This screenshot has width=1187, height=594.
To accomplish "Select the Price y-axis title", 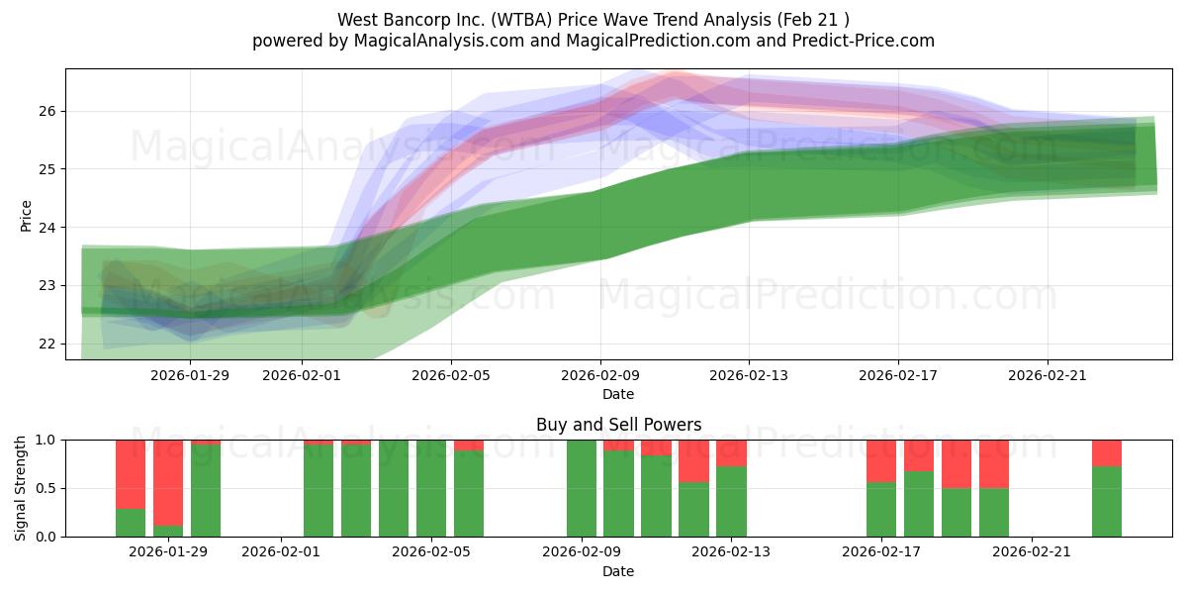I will point(26,215).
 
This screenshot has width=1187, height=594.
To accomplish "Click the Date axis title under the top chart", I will point(618,395).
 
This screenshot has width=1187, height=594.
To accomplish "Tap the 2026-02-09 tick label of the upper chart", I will point(601,375).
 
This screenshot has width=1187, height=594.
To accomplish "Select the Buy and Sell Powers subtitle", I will point(618,425).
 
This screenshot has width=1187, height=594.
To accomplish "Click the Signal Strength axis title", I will point(21,487).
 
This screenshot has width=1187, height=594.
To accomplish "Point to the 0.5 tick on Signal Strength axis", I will point(47,488).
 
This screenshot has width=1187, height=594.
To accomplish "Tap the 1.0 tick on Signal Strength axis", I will point(47,440).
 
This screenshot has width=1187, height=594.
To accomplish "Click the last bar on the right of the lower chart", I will point(1107,500).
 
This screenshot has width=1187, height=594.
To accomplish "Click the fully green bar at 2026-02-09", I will point(582,488).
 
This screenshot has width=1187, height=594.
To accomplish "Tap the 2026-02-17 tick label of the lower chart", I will point(880,552).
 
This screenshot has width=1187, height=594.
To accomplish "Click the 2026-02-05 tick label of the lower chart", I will point(432,552).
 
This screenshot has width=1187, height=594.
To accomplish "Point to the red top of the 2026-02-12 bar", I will point(693,460).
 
